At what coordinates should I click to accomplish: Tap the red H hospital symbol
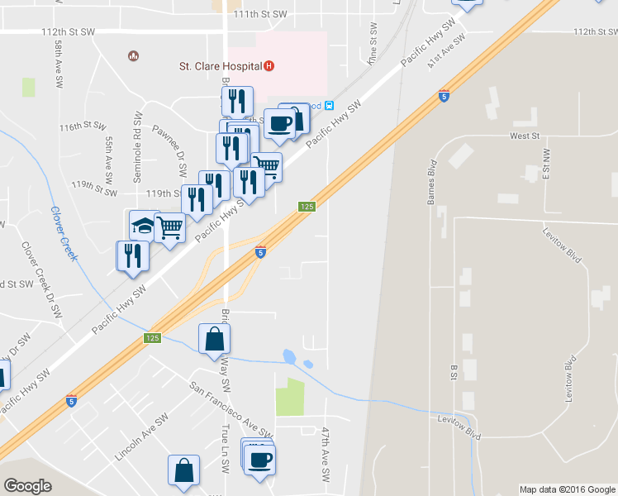[269, 66]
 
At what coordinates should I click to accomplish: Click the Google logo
[27, 486]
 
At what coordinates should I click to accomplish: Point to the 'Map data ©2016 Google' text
[567, 489]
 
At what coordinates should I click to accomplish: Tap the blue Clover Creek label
[63, 233]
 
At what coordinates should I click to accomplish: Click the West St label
[524, 135]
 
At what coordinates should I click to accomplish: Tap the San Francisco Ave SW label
[231, 409]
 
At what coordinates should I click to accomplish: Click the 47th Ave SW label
[325, 455]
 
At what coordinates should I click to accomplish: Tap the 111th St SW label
[259, 14]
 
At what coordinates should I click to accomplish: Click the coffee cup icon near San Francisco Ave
[260, 459]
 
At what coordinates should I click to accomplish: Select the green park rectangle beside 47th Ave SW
[289, 397]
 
